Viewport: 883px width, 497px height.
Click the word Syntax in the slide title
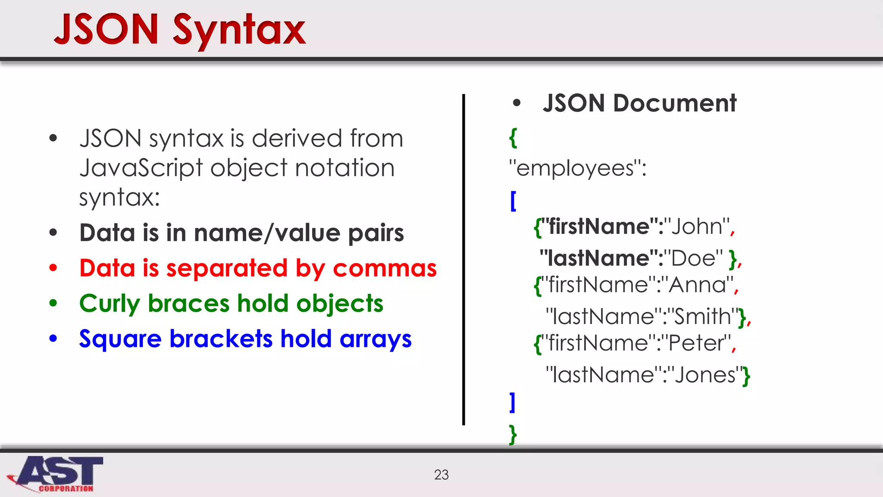(239, 30)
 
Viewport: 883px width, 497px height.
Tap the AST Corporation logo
(56, 474)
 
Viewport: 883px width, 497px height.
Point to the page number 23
(441, 475)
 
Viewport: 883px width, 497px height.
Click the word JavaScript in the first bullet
(141, 168)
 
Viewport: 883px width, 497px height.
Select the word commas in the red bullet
(385, 268)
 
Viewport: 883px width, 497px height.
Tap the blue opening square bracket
(513, 201)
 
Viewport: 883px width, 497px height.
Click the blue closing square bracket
(512, 403)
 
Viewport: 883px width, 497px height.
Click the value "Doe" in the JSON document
(694, 258)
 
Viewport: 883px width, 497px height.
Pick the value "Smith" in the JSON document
(703, 316)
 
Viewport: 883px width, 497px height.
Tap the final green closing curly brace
(513, 434)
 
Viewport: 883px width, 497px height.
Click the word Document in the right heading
(674, 104)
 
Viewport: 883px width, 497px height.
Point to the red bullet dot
(53, 268)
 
